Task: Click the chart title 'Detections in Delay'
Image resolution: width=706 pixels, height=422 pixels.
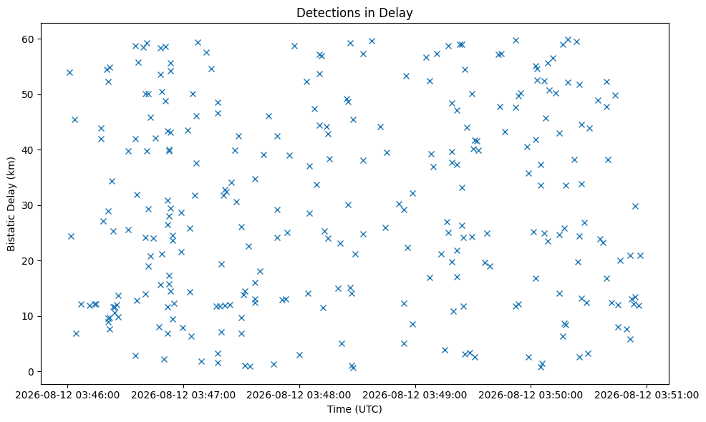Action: (354, 13)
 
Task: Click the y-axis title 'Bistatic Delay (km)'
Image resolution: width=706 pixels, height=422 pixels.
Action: (11, 204)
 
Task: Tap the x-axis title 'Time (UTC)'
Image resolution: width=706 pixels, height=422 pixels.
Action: (354, 409)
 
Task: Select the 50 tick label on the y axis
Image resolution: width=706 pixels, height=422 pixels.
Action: (29, 94)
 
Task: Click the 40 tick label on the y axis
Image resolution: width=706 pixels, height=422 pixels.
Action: (29, 149)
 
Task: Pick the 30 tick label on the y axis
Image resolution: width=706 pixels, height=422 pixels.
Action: (29, 205)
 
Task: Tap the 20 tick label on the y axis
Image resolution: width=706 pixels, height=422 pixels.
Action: (29, 261)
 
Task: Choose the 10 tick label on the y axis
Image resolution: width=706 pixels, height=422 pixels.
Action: (29, 316)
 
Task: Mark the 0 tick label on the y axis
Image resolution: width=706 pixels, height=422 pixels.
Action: (32, 372)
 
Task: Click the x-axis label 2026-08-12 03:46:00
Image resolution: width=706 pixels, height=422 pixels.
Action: (67, 396)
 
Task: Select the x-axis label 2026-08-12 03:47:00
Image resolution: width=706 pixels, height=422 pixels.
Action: (183, 396)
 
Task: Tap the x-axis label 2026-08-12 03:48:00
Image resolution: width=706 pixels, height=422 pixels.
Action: (299, 396)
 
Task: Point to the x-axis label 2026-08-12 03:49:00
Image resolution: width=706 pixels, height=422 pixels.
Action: (415, 396)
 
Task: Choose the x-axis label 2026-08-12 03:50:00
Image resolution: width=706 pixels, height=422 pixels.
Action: (531, 396)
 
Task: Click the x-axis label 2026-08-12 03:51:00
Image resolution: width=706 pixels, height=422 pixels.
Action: (647, 396)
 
